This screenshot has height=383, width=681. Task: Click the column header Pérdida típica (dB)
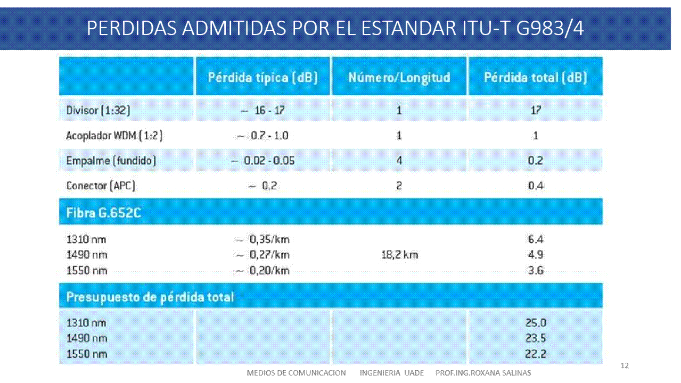coord(262,77)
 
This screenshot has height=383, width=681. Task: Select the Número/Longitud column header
coord(399,77)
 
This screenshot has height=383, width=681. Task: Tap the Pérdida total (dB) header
coord(535,77)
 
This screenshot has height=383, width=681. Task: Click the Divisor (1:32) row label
coord(98,110)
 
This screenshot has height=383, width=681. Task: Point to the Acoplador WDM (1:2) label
coord(114,136)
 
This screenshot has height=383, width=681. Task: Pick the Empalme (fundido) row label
coord(111,161)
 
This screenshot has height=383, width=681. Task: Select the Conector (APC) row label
coord(101,186)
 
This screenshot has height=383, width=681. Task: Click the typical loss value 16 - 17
coord(262,110)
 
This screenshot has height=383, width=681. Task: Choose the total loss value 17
coord(535,110)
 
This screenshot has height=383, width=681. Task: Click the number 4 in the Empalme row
coord(399,161)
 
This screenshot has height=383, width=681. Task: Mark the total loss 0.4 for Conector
coord(535,186)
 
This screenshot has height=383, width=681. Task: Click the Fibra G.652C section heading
coord(103,213)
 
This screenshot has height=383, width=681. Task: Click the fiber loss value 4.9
coord(535,255)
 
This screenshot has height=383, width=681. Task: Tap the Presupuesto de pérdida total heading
coord(150,297)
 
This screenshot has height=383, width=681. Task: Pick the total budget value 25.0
coord(535,323)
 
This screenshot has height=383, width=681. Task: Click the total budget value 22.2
coord(535,354)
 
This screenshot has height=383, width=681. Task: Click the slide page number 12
coord(625,365)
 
